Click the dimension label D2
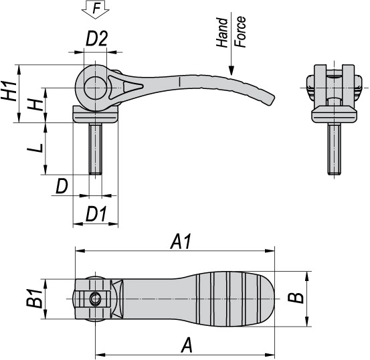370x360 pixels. pyautogui.click(x=97, y=39)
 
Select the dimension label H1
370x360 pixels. pyautogui.click(x=9, y=90)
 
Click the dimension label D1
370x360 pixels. pyautogui.click(x=97, y=215)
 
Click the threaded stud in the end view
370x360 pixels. pyautogui.click(x=332, y=151)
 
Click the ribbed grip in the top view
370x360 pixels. pyautogui.click(x=234, y=298)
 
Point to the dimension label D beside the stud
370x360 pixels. pyautogui.click(x=62, y=186)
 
